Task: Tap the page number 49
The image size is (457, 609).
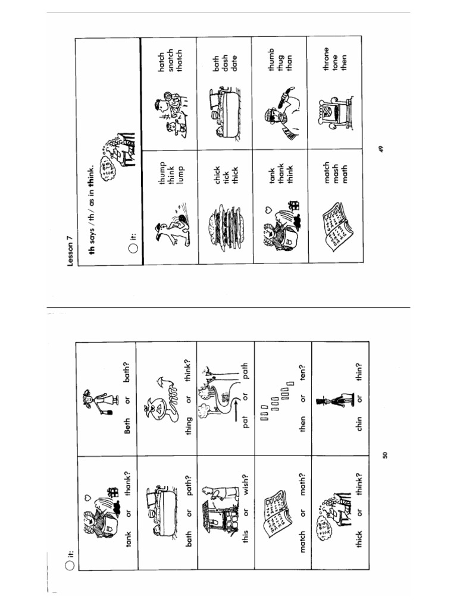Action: point(381,147)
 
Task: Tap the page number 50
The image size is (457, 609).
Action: point(385,455)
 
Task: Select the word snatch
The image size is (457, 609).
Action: point(170,59)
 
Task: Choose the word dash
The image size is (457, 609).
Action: point(226,59)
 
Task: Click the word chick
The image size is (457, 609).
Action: point(217,177)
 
